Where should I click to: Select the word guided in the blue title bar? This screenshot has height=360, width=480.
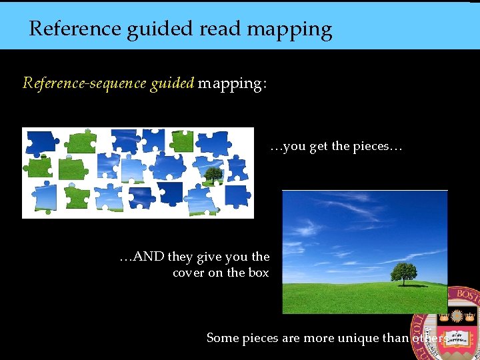[158, 29]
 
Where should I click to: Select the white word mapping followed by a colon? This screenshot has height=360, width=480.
[232, 84]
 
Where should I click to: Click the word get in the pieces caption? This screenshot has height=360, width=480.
[318, 147]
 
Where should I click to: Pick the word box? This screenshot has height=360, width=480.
[258, 273]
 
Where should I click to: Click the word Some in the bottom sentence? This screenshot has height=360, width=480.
[223, 338]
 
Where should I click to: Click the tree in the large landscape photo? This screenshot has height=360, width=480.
[404, 272]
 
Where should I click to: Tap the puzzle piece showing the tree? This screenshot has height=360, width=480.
[212, 176]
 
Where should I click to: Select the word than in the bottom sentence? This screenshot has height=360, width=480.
[396, 338]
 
